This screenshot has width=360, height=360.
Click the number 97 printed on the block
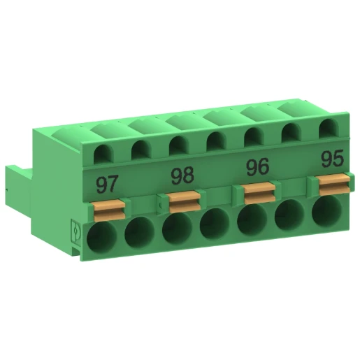pos(107,185)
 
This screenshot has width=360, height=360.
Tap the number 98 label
pos(183,175)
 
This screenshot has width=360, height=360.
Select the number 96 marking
pos(259,168)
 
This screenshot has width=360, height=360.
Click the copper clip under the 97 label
pos(107,207)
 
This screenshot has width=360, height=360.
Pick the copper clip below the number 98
pos(183,199)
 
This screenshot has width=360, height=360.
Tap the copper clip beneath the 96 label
pos(259,190)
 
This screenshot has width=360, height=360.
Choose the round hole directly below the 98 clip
pos(177,226)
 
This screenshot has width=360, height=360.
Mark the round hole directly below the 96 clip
pos(252,218)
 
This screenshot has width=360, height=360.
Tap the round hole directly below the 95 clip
pos(326,210)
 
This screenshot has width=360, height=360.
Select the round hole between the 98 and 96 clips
pos(214,224)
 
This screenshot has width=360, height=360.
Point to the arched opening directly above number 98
pos(178,144)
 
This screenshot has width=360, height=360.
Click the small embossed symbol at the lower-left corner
pos(77,231)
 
